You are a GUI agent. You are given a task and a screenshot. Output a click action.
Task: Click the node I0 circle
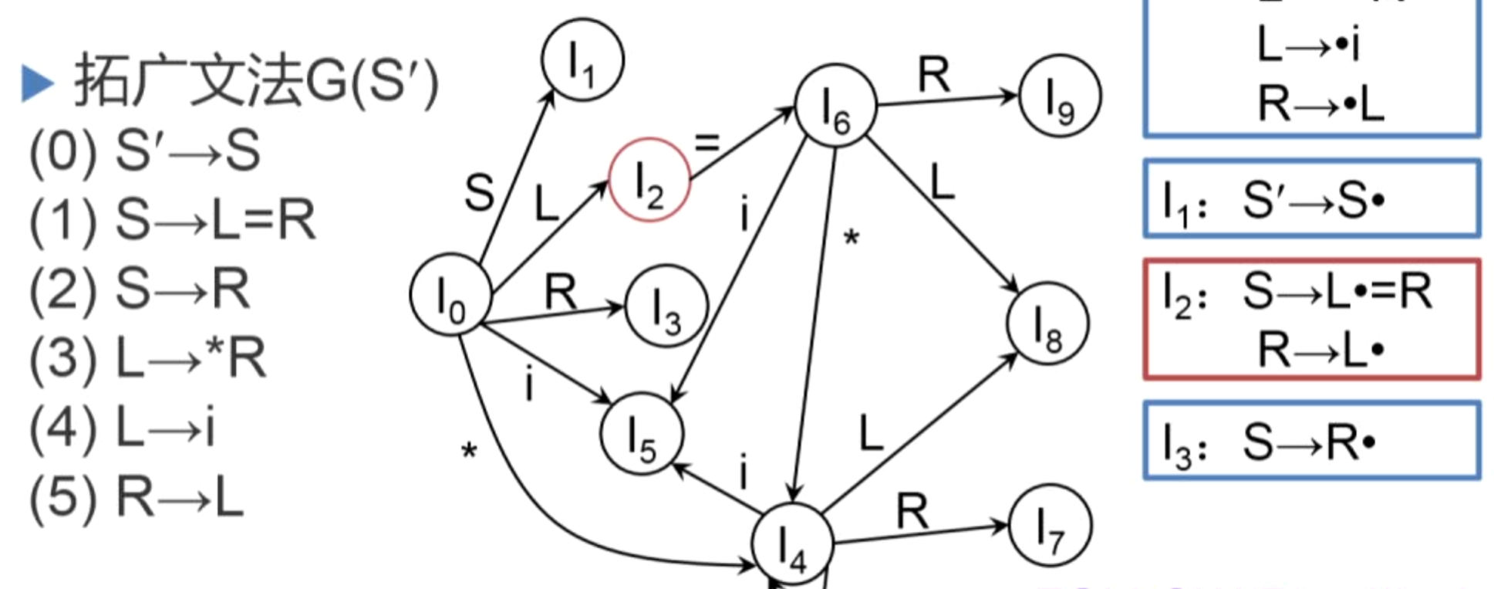coord(450,295)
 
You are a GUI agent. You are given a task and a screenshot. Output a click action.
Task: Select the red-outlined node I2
coord(649,181)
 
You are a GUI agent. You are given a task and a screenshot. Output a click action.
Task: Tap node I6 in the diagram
coord(835,105)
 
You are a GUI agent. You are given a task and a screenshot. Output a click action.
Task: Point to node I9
coord(1060,96)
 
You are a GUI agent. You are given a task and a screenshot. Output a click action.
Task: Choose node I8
coord(1047,323)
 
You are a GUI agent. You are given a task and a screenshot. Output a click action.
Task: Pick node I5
coord(642,435)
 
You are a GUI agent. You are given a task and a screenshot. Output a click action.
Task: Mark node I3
coord(666,306)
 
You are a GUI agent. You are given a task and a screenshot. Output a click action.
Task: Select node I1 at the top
coord(582,60)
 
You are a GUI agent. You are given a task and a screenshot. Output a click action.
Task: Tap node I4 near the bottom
coord(792,544)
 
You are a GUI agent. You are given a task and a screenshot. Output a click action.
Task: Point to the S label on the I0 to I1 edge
coord(479,193)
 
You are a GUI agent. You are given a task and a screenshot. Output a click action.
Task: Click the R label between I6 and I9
coord(934,76)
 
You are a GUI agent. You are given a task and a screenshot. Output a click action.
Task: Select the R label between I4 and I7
coord(912,511)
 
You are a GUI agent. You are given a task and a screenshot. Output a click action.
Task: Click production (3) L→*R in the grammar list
coord(147,358)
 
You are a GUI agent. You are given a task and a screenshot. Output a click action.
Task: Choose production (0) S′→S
coord(144,151)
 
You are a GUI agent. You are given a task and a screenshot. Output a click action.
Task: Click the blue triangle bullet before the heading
coord(36,83)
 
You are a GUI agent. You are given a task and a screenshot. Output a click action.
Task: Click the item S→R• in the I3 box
coord(1308,443)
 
